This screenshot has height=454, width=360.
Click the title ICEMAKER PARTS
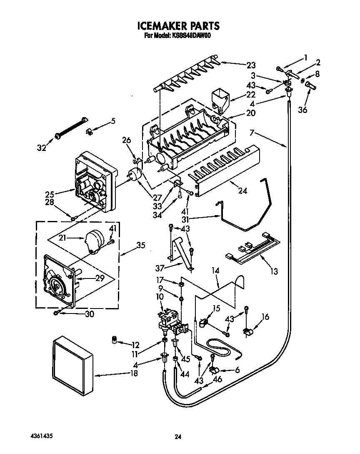pos(178,26)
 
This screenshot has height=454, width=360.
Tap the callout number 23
pos(251,65)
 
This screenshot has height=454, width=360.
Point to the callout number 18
pos(133,374)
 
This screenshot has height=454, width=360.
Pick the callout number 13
pos(274,272)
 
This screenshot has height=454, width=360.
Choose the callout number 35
pos(141,245)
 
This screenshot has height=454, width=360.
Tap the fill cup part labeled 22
pos(219,98)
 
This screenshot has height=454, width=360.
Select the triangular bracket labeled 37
pos(180,250)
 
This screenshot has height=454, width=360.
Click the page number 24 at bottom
pos(178,437)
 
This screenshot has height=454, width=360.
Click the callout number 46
pos(217,380)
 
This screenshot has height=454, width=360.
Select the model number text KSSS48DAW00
pos(190,36)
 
